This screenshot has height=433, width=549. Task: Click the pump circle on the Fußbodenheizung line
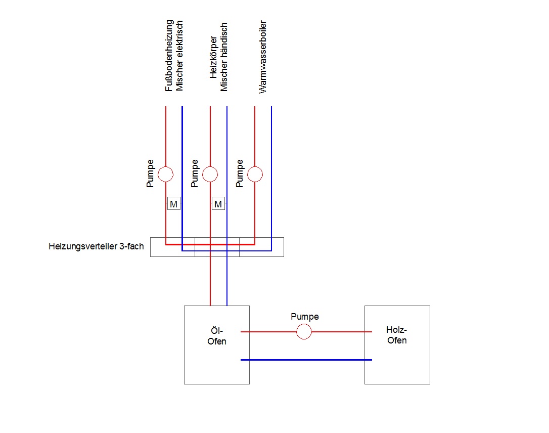pos(166,175)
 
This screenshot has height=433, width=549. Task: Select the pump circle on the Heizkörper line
pos(210,175)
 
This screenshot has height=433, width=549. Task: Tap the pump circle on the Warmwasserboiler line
pos(255,175)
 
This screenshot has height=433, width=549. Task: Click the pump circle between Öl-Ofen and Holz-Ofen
pos(304,332)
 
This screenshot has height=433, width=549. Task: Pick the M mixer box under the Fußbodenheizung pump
pos(173,204)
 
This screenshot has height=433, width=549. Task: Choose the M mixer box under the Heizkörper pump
pos(218,204)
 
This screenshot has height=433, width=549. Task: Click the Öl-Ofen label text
pos(217,336)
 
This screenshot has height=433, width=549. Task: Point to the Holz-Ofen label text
pos(397,335)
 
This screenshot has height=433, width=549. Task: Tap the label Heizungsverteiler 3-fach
pos(96,247)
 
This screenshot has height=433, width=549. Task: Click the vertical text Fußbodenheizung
pos(169,56)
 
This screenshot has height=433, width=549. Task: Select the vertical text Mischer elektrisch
pos(180,56)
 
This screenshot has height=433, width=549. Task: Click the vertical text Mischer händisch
pos(224,56)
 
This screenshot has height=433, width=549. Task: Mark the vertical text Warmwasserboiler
pos(263,57)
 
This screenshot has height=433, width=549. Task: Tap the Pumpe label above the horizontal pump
pos(305,317)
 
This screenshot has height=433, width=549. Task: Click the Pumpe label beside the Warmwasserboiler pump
pos(240,174)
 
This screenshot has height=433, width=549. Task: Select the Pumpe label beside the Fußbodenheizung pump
pos(151,174)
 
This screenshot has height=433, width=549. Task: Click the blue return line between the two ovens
pos(306,360)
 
